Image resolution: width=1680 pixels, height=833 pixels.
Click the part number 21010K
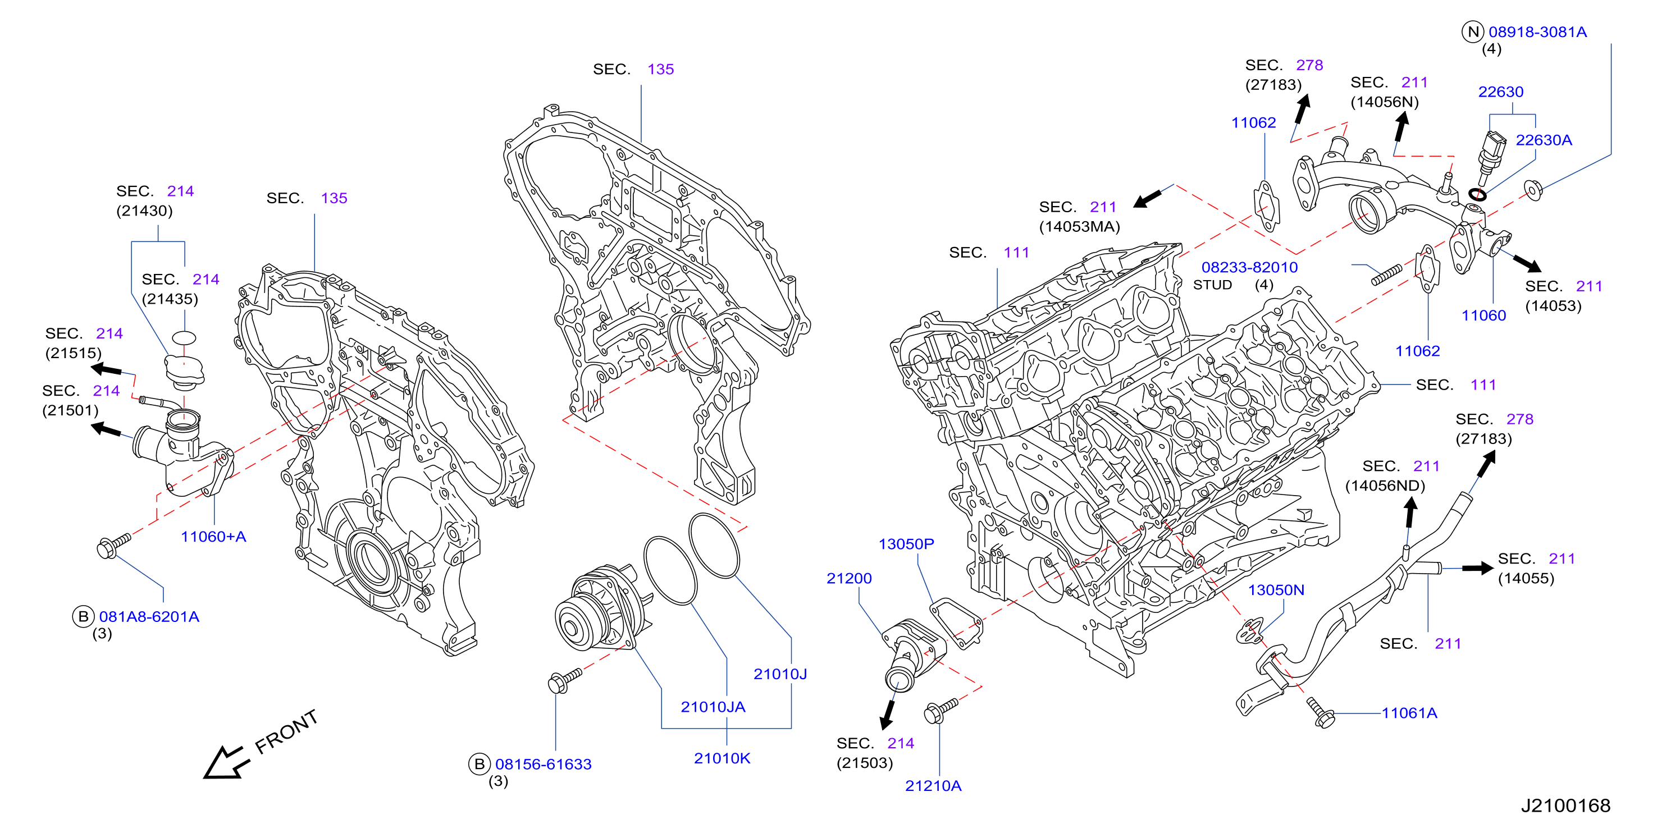pos(722,758)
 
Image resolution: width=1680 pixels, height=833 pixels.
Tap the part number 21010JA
pos(713,707)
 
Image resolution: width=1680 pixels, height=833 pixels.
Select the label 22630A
pos(1544,140)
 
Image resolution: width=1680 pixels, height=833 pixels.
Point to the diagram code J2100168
pos(1565,805)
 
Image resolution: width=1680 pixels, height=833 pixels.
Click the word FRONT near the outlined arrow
pos(286,731)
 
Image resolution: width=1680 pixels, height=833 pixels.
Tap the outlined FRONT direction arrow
pos(226,763)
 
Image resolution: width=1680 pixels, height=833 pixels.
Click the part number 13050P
pos(906,543)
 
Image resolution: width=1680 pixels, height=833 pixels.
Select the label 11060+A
pos(213,537)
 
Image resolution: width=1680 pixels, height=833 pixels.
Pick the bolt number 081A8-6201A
pos(149,616)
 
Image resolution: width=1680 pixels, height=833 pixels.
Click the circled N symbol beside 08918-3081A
pos(1473,31)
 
